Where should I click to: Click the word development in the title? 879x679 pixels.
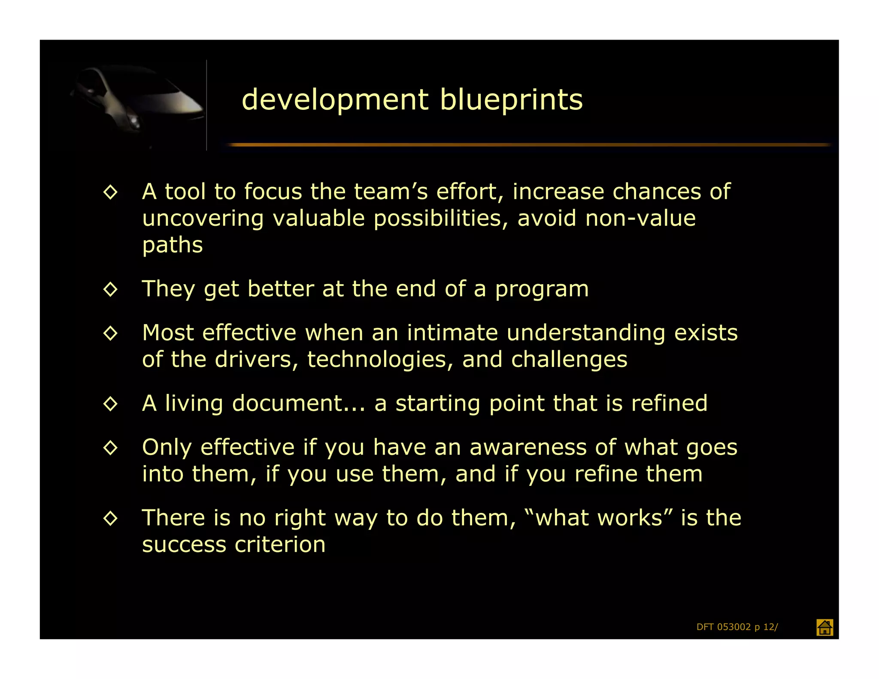pyautogui.click(x=335, y=100)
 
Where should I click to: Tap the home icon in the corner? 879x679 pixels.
pyautogui.click(x=824, y=627)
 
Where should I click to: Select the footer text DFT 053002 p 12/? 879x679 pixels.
pyautogui.click(x=737, y=627)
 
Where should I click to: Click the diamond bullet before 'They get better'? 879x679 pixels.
pyautogui.click(x=111, y=289)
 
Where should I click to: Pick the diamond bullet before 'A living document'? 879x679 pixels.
pyautogui.click(x=111, y=404)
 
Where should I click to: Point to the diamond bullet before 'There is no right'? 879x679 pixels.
pyautogui.click(x=111, y=518)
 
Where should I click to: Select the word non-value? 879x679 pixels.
pyautogui.click(x=640, y=218)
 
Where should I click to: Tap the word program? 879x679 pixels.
pyautogui.click(x=542, y=289)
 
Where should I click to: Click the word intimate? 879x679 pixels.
pyautogui.click(x=452, y=333)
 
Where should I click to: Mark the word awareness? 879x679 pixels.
pyautogui.click(x=528, y=448)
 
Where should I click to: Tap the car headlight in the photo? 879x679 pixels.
pyautogui.click(x=135, y=119)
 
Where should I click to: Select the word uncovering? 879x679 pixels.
pyautogui.click(x=203, y=219)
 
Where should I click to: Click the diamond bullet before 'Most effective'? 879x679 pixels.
pyautogui.click(x=111, y=333)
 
